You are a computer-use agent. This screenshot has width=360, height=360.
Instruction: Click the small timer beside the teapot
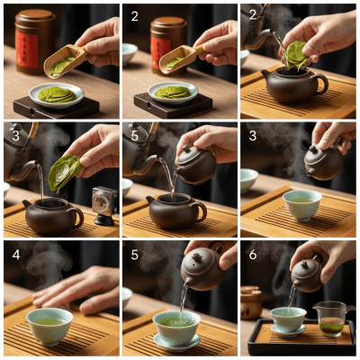[x=104, y=203]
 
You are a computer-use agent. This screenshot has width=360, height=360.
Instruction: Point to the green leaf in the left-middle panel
[x=64, y=172]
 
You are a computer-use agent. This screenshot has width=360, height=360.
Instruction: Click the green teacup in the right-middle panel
[x=301, y=203]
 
